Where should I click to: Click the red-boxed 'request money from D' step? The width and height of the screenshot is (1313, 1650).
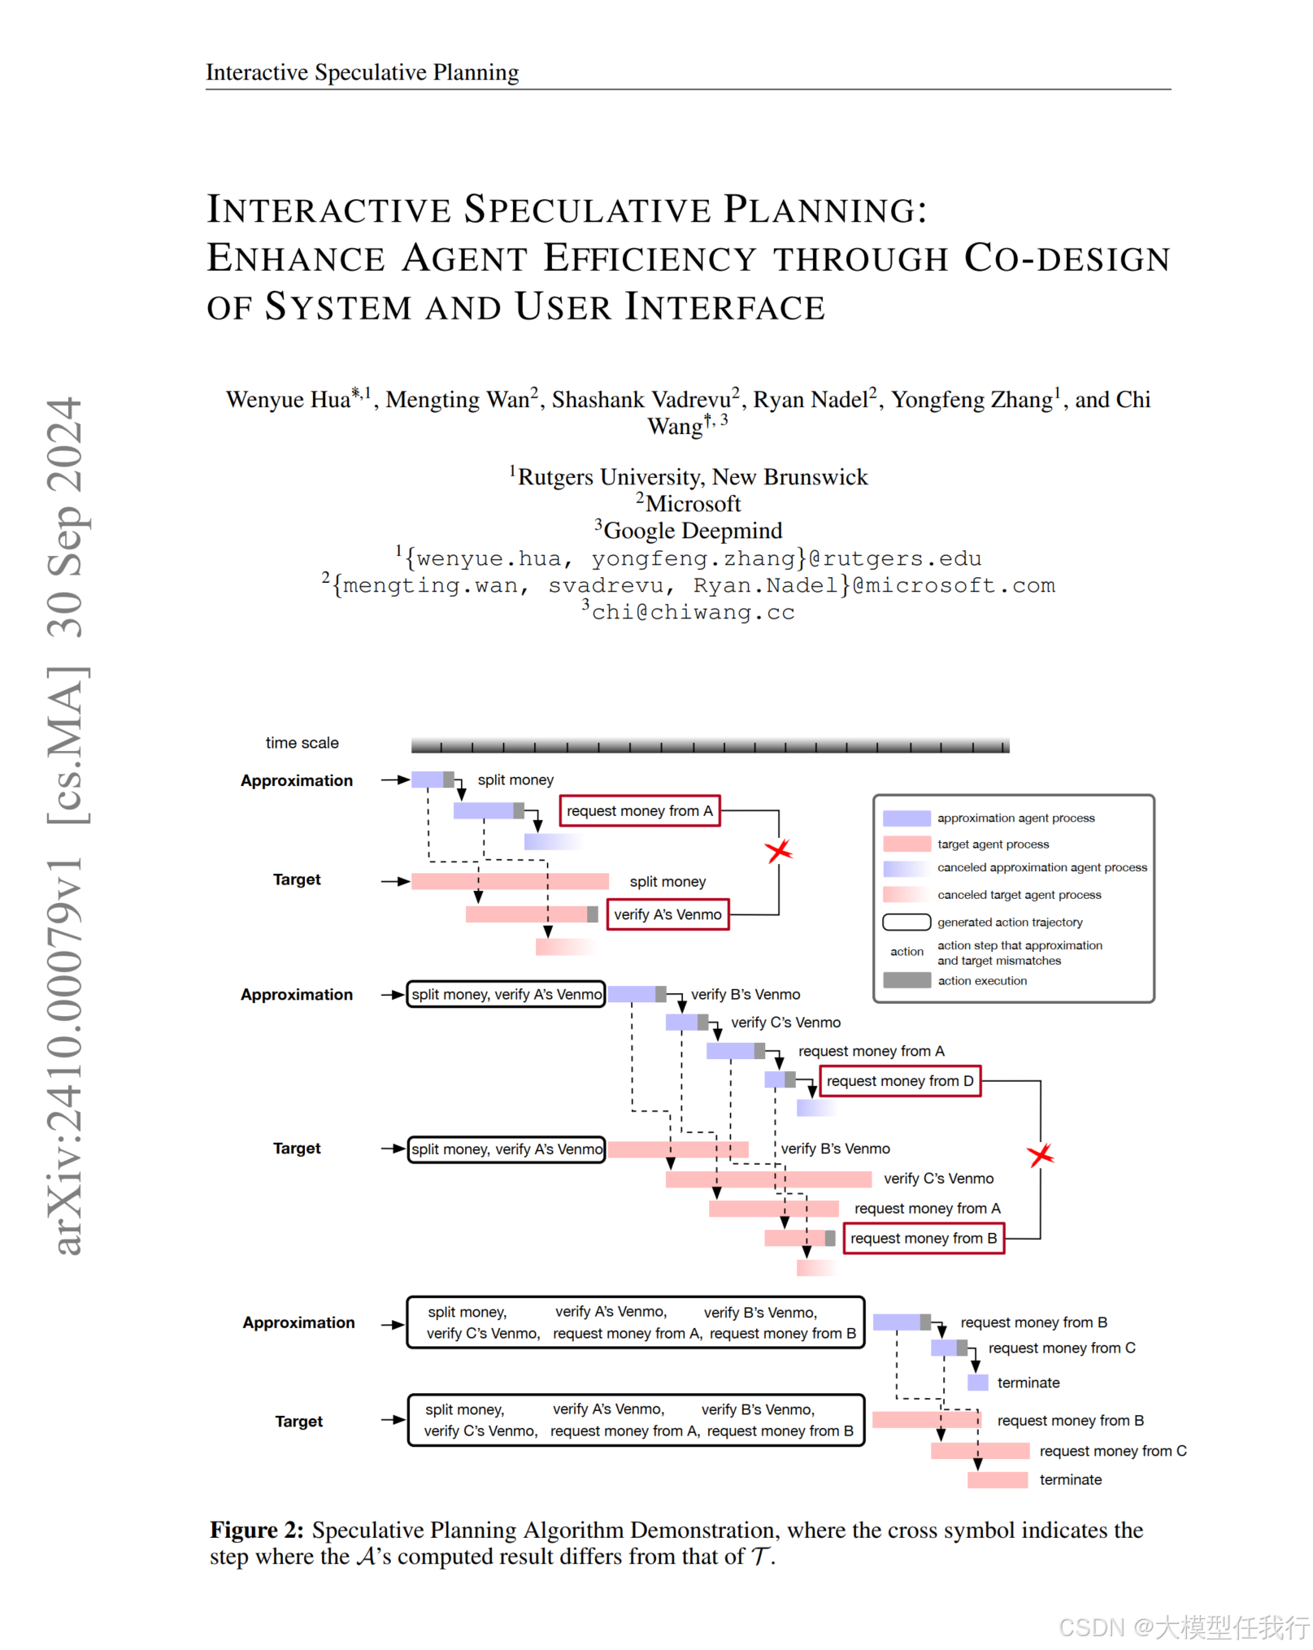click(x=899, y=1081)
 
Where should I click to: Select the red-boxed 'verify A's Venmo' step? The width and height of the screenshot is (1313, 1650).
click(x=667, y=914)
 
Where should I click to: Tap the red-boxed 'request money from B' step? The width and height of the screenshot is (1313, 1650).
click(x=924, y=1239)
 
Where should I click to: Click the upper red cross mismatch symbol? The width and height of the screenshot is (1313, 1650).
click(x=778, y=851)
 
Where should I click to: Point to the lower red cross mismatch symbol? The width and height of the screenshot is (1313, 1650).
click(x=1040, y=1155)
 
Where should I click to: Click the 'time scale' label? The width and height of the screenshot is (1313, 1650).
click(x=302, y=743)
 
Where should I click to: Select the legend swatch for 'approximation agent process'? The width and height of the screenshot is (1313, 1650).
click(x=906, y=818)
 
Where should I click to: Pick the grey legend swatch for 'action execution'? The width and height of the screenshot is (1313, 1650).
click(x=906, y=980)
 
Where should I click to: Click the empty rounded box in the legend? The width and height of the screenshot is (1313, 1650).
click(x=906, y=922)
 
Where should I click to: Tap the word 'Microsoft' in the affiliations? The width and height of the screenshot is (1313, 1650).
click(x=693, y=504)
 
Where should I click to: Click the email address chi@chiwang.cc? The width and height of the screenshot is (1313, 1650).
click(x=693, y=612)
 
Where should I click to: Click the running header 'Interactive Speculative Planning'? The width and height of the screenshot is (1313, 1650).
click(x=362, y=72)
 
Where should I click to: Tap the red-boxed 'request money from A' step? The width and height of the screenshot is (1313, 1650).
click(x=640, y=811)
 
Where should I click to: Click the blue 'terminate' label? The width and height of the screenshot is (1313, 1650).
click(x=1028, y=1383)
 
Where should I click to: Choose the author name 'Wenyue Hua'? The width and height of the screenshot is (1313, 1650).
click(x=289, y=400)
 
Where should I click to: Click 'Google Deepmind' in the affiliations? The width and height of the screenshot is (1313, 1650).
click(x=693, y=531)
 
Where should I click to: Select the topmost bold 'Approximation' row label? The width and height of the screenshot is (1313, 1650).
click(x=297, y=780)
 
